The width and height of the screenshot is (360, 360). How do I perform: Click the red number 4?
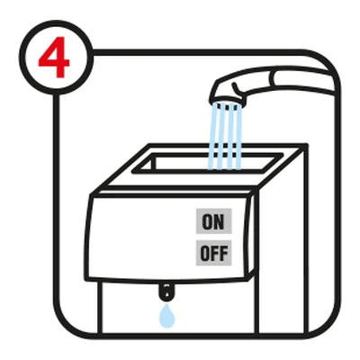(54, 57)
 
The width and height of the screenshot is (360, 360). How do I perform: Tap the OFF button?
(214, 253)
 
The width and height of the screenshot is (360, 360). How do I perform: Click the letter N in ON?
(220, 221)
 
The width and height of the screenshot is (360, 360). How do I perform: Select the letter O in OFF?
(204, 253)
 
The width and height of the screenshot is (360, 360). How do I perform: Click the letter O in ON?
(207, 221)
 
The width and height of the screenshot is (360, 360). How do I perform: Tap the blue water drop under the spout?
(166, 316)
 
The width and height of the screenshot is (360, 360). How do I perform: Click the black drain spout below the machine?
(166, 291)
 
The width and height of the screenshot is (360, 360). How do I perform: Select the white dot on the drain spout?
(166, 293)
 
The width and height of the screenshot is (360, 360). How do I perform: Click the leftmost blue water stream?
(213, 137)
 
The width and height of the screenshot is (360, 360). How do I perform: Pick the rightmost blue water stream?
(238, 137)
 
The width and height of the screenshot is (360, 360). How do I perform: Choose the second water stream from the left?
(221, 137)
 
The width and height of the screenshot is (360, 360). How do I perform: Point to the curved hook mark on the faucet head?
(236, 87)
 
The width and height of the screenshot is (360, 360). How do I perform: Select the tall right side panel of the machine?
(282, 240)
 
